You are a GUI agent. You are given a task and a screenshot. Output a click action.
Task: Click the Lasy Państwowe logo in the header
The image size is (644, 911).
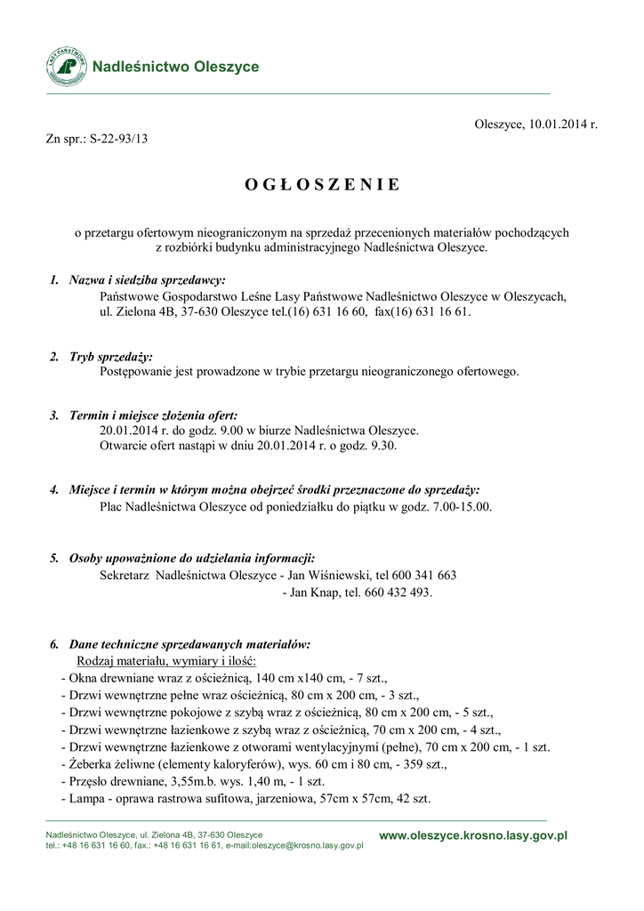(x=67, y=67)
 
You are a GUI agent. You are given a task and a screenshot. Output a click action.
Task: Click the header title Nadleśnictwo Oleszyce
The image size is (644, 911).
(x=176, y=67)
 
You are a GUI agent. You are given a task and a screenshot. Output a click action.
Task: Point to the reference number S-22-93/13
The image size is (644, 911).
(x=118, y=139)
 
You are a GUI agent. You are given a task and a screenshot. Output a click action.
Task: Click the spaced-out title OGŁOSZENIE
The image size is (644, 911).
(x=321, y=185)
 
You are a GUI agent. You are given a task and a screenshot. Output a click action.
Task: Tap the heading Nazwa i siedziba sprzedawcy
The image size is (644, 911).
(x=148, y=280)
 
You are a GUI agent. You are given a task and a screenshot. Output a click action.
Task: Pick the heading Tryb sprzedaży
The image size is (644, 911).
(x=111, y=357)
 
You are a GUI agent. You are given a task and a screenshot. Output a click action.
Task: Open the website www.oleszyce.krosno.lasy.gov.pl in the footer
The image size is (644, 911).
(x=473, y=835)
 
